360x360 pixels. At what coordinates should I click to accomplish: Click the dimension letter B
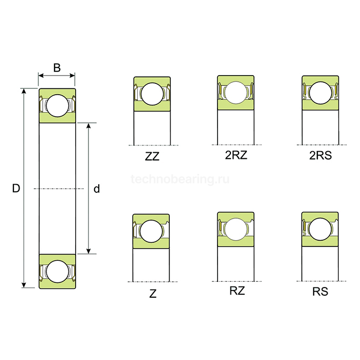[57, 67]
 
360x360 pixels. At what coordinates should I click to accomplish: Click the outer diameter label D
[16, 189]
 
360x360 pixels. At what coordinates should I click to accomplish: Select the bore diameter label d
[96, 189]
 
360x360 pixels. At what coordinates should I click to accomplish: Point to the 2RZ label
[236, 156]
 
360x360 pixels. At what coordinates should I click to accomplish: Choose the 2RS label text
[320, 156]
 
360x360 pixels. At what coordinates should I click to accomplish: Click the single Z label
[153, 294]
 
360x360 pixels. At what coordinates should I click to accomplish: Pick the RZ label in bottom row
[237, 292]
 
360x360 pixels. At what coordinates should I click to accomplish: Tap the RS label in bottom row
[320, 292]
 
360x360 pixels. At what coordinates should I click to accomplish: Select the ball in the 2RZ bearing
[236, 93]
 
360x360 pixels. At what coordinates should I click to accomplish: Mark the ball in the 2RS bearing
[320, 93]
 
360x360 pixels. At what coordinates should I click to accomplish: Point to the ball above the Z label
[152, 230]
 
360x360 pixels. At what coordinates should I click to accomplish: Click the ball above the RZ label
[236, 229]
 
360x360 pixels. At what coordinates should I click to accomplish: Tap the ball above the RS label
[320, 229]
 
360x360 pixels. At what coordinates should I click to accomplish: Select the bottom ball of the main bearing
[57, 271]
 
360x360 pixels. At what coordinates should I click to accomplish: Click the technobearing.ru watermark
[180, 179]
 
